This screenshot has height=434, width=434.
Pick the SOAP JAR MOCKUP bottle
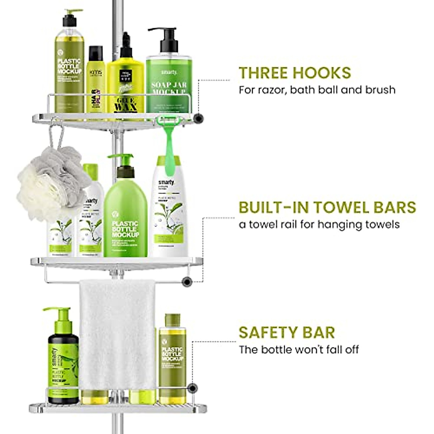coord(169,83)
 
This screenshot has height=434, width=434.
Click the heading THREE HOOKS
coord(295,73)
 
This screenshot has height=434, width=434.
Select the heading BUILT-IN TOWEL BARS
coord(327,207)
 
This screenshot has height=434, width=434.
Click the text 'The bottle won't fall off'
coord(298,350)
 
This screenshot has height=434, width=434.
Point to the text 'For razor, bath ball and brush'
coord(317,89)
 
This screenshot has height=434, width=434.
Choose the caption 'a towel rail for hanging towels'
coord(319,224)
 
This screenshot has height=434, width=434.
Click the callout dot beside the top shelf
coord(197,118)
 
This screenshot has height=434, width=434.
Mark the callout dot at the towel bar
coord(187,282)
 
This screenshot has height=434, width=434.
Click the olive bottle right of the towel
coord(173,358)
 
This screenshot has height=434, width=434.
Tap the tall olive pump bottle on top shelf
coord(70,61)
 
